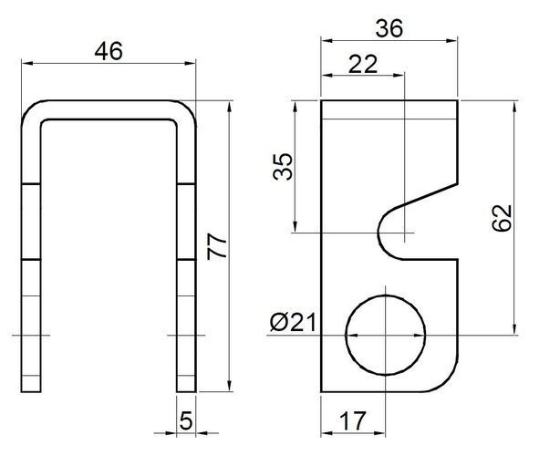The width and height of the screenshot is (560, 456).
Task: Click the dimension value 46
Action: tap(109, 51)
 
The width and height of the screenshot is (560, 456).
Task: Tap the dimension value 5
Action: tap(187, 420)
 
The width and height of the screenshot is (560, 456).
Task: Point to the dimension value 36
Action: tap(389, 28)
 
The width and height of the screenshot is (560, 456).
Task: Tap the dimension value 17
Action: tap(352, 420)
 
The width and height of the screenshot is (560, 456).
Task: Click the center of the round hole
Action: tap(385, 335)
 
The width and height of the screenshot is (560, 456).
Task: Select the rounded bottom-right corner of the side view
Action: tap(446, 383)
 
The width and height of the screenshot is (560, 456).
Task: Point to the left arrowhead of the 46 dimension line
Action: tap(26, 62)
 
